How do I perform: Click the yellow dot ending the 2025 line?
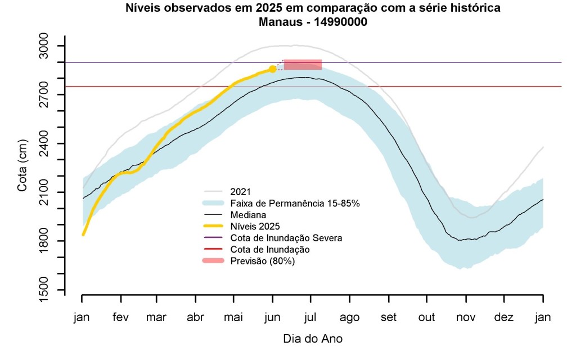273,69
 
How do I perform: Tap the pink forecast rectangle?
303,64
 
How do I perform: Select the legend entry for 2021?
240,191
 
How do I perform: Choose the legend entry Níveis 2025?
254,226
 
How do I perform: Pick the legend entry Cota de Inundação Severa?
286,238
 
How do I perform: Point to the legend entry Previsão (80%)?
263,261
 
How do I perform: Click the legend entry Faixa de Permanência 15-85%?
295,202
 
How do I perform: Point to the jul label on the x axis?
311,318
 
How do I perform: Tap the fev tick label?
120,318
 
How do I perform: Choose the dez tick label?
504,318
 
